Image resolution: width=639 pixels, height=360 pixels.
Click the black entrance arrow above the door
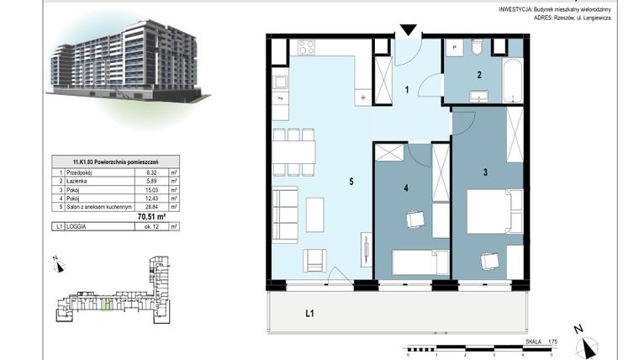408,30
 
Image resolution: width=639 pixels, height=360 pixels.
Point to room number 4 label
406,188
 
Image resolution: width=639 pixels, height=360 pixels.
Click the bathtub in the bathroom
513,73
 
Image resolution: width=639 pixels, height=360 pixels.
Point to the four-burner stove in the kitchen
305,48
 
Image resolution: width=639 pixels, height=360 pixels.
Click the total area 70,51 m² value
151,216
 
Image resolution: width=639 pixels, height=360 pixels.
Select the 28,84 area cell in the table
151,206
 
